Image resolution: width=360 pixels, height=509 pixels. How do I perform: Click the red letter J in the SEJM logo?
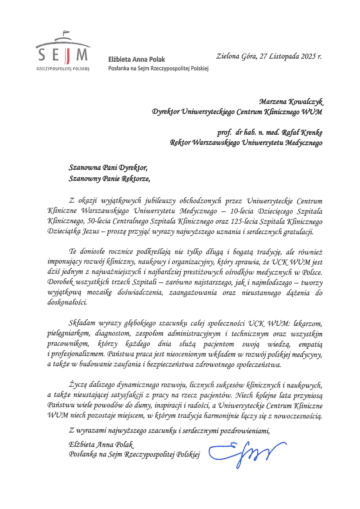pyautogui.click(x=67, y=56)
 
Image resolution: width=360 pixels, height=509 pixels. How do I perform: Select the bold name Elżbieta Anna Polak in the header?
pyautogui.click(x=136, y=59)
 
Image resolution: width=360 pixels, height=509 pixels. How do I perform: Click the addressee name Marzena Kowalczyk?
pyautogui.click(x=291, y=102)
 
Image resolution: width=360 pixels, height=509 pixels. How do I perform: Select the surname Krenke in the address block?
pyautogui.click(x=312, y=133)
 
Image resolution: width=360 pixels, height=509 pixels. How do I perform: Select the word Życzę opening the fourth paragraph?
pyautogui.click(x=76, y=385)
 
